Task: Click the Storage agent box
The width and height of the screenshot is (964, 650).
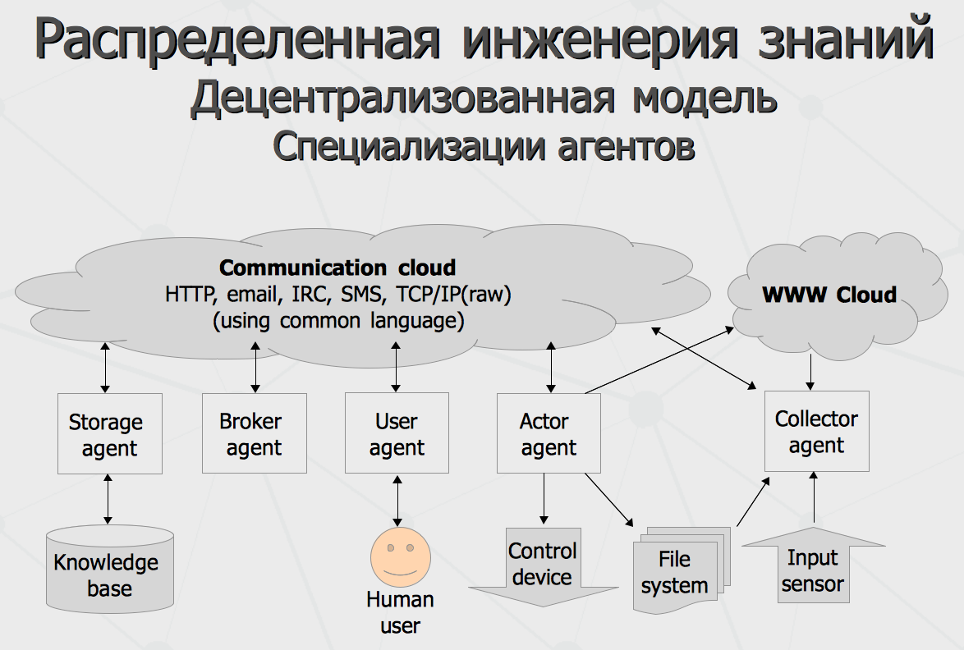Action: click(110, 433)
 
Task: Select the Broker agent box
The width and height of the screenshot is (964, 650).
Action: click(255, 433)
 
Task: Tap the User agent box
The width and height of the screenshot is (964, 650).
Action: click(397, 433)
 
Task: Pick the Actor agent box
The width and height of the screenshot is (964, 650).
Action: click(549, 433)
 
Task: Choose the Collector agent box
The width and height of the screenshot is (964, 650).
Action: click(816, 432)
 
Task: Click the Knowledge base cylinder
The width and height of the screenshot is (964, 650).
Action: click(110, 569)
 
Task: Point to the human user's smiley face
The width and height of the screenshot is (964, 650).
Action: click(400, 557)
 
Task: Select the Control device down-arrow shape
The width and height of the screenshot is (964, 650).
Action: click(544, 566)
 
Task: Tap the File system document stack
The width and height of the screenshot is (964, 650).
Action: click(682, 570)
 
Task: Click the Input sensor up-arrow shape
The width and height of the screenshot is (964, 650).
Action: click(814, 565)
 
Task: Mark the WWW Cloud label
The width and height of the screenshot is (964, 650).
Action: click(829, 295)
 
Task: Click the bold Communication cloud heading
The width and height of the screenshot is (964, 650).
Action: click(337, 268)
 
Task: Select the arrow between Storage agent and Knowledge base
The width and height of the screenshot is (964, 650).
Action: click(108, 499)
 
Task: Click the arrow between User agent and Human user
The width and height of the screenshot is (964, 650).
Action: click(397, 501)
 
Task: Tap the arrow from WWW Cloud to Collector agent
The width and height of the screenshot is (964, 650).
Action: click(810, 373)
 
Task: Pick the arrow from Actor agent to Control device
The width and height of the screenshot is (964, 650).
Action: click(544, 499)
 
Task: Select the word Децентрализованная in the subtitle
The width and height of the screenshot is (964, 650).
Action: click(402, 98)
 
